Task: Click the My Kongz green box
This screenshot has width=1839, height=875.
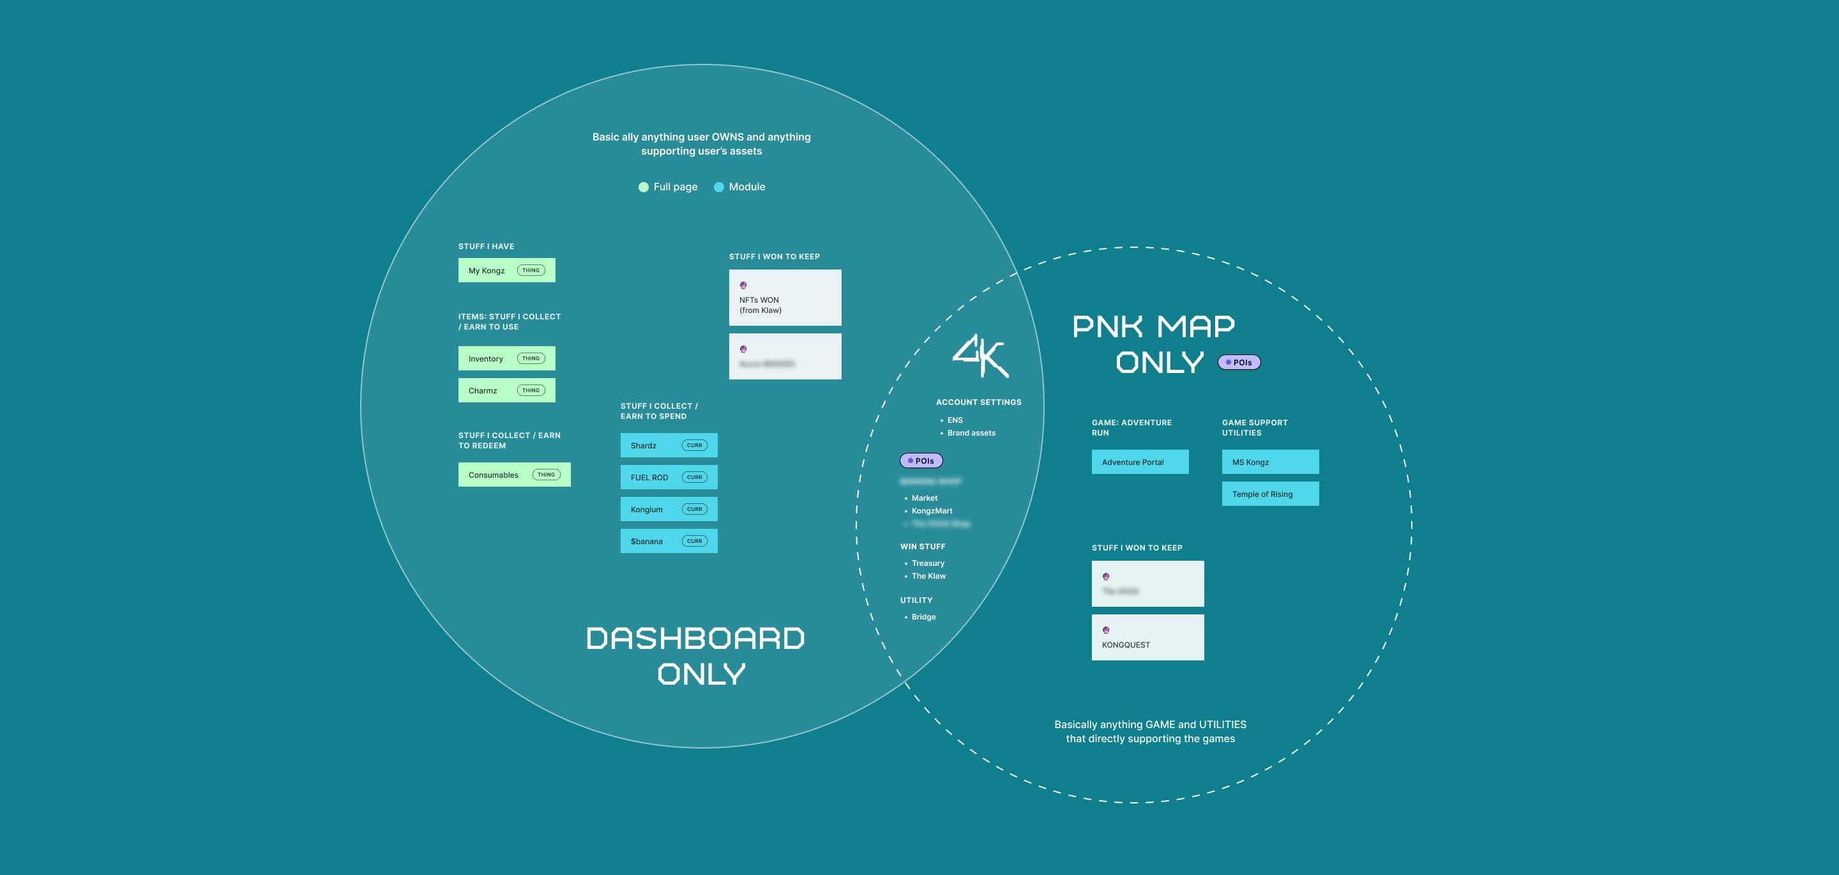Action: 506,270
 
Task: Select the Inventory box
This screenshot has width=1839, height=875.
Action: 506,358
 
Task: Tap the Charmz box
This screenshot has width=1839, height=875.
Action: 506,390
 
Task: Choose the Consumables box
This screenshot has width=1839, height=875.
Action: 514,475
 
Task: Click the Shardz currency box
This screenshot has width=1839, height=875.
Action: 668,445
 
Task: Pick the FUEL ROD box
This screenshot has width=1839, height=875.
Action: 668,477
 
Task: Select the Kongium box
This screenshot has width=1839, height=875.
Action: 668,509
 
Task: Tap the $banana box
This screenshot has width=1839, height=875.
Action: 668,541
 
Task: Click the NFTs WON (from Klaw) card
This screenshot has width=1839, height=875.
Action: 785,298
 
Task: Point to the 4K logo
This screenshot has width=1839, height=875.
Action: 980,356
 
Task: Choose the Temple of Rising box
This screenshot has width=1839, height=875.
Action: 1270,494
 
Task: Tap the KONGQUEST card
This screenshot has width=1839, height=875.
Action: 1147,637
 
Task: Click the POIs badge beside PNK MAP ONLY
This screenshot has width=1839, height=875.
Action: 1239,362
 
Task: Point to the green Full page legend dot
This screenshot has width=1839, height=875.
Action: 643,187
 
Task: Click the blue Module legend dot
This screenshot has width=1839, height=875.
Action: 719,187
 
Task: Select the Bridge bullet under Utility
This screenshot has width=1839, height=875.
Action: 923,617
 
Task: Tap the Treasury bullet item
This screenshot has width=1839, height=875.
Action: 927,563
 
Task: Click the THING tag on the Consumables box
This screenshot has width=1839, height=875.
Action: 546,475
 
